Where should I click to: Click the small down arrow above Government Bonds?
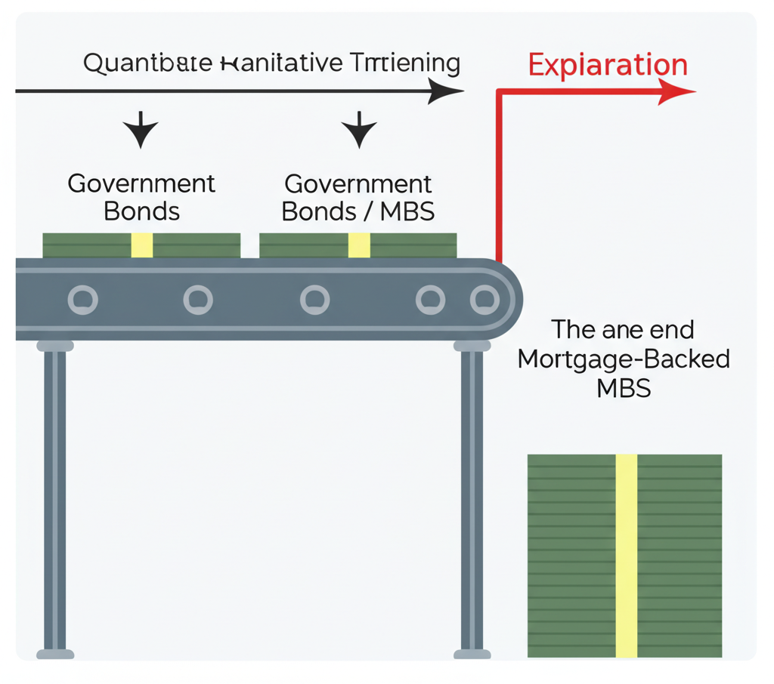[x=141, y=131]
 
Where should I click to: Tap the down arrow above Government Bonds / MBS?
[x=358, y=131]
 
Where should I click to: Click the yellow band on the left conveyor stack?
[x=142, y=245]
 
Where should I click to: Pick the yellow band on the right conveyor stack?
[x=359, y=245]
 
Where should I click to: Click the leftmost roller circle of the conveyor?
[x=83, y=300]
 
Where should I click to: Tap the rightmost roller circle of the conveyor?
[x=484, y=300]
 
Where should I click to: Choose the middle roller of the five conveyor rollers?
[x=314, y=300]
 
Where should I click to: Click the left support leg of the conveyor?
[x=55, y=498]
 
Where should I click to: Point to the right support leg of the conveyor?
[x=472, y=498]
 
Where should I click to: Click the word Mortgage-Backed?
[x=624, y=359]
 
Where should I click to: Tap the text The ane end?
[x=623, y=330]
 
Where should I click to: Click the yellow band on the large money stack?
[x=627, y=555]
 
